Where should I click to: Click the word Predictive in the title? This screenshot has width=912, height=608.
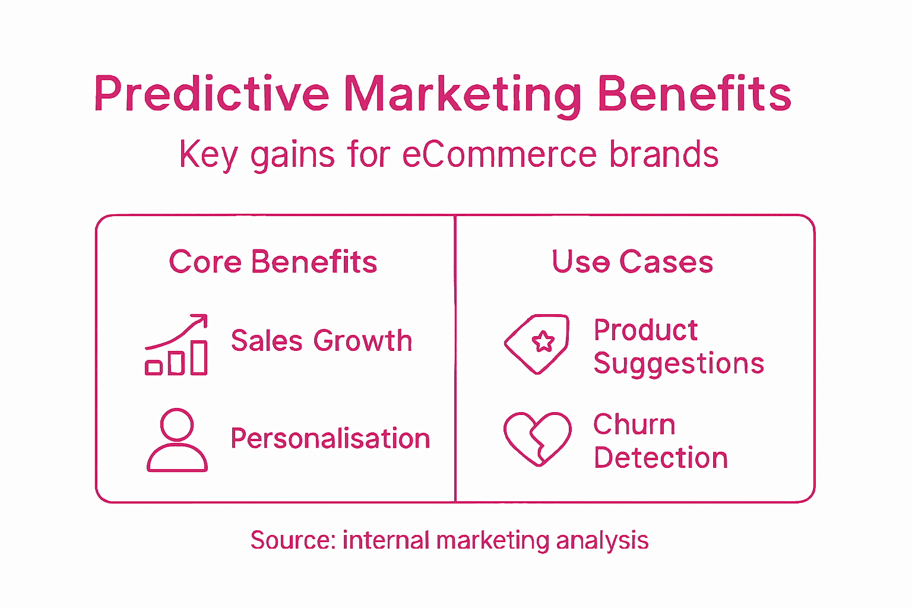click(211, 94)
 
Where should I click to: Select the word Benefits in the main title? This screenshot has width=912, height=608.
click(694, 94)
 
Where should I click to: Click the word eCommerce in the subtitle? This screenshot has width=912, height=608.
click(499, 154)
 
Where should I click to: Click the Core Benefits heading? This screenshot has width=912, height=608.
click(273, 262)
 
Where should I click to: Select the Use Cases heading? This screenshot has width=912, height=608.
click(632, 262)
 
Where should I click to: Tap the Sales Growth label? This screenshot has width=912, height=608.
click(321, 341)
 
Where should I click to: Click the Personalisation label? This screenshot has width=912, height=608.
click(330, 439)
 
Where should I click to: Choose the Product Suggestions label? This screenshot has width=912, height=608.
click(678, 347)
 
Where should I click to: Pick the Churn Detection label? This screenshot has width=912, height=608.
click(660, 441)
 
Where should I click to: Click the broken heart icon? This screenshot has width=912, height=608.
click(537, 439)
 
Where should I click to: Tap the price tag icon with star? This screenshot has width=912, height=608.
click(537, 344)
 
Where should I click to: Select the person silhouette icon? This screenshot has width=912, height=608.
click(177, 440)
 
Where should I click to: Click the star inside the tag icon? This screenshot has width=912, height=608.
click(543, 341)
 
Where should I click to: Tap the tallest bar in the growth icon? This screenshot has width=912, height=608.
click(199, 357)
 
